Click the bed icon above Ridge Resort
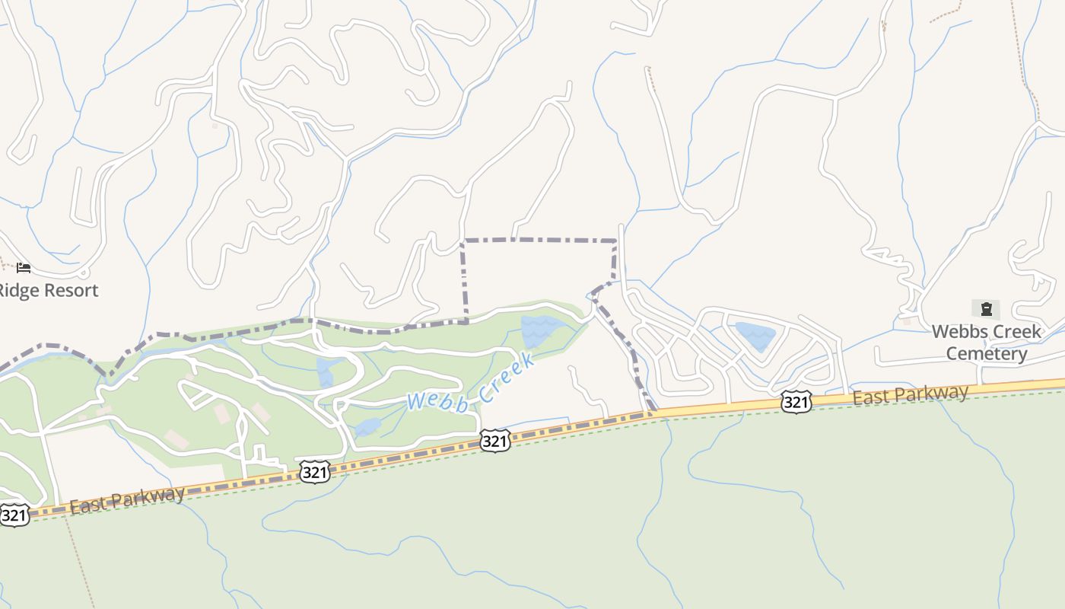24,268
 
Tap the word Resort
70,290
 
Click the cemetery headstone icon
986,309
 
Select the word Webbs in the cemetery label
961,332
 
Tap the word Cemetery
987,354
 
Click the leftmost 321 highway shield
14,515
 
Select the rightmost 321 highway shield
796,402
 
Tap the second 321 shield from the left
314,472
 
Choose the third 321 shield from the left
494,440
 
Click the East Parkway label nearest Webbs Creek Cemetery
910,394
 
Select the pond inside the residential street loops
755,336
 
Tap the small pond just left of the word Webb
367,426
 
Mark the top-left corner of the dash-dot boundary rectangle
463,241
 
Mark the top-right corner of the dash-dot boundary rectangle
615,241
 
